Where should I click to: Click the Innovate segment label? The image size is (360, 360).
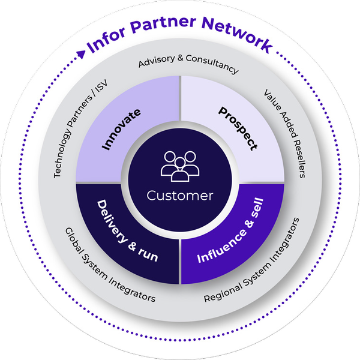pos(122,129)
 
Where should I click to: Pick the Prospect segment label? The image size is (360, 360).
pos(238,128)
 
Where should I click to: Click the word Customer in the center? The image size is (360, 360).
pos(180,196)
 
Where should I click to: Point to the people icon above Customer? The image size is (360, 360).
pos(180,166)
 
